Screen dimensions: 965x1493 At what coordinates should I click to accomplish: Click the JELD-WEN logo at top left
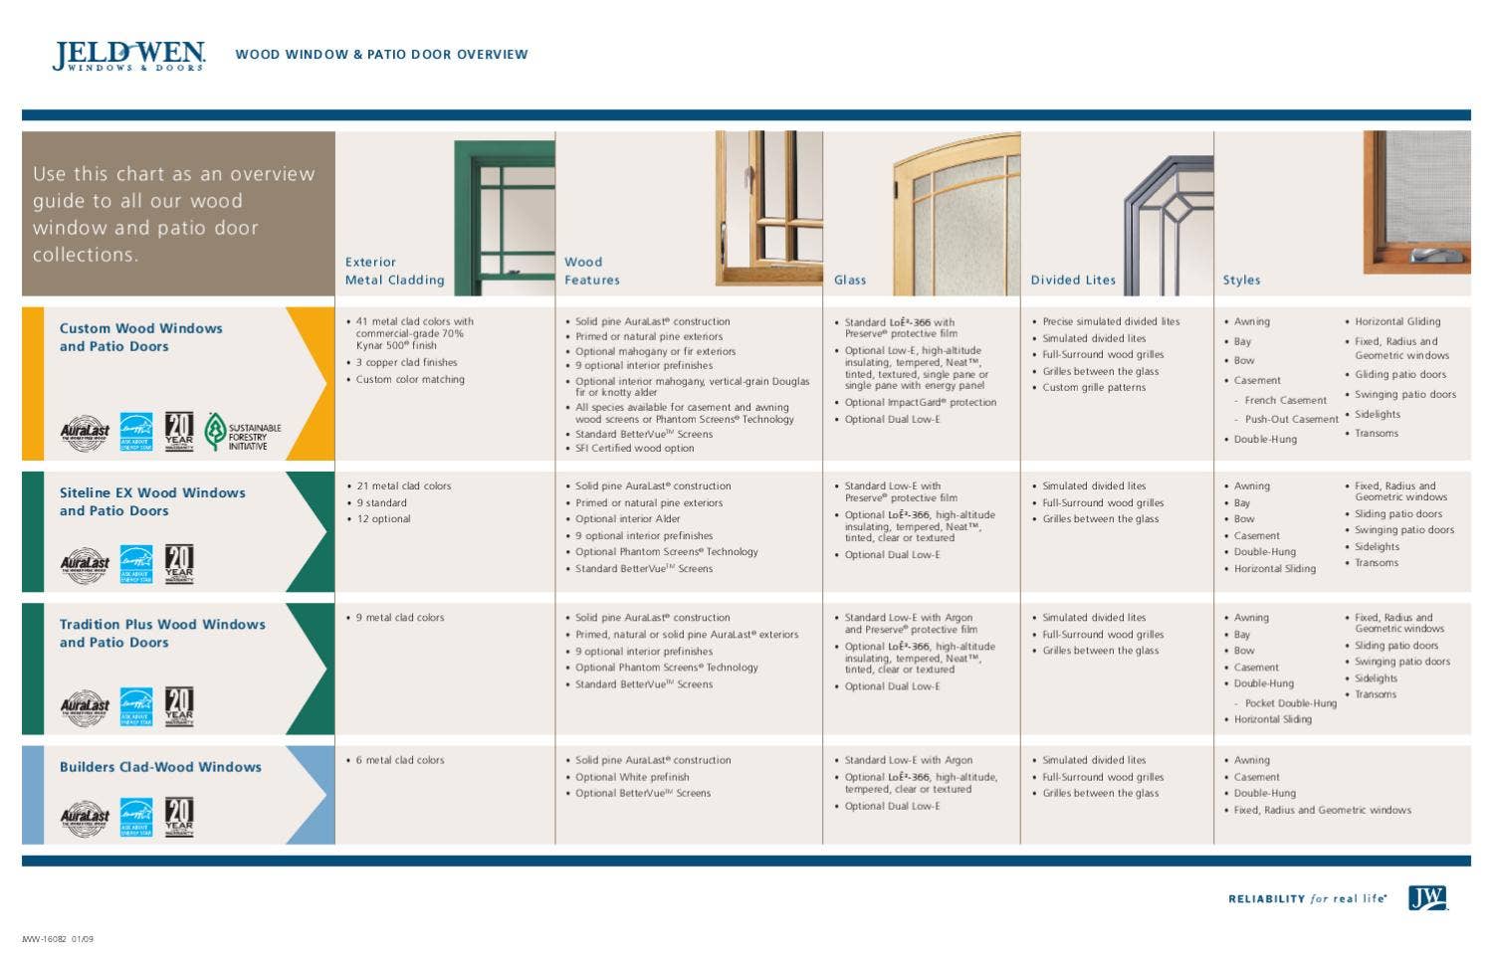click(x=128, y=56)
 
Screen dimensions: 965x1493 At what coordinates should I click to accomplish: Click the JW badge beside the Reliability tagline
click(x=1427, y=898)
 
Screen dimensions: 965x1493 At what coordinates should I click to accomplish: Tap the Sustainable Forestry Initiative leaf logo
click(x=215, y=432)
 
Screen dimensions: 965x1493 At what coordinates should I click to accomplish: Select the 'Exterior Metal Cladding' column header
click(x=394, y=272)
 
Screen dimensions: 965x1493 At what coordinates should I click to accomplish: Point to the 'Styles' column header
click(x=1241, y=281)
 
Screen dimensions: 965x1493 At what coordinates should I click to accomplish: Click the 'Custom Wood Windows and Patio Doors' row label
click(x=140, y=337)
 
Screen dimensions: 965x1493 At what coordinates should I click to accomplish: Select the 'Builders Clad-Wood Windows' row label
click(x=160, y=767)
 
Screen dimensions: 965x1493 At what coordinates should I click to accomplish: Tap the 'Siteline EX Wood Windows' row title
click(x=151, y=492)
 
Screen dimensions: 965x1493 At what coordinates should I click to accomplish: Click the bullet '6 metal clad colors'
click(x=400, y=760)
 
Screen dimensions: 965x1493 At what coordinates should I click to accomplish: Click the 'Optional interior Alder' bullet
click(x=627, y=519)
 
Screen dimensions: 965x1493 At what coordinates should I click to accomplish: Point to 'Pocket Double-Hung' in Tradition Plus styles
click(x=1291, y=703)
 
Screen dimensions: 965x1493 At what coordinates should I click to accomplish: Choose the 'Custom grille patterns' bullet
click(x=1094, y=388)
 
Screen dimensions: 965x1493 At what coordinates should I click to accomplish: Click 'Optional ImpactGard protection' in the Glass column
click(x=920, y=403)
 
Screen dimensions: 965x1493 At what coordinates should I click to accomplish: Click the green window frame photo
click(x=504, y=218)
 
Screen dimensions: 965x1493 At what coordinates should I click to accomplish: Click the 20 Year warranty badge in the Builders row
click(x=179, y=817)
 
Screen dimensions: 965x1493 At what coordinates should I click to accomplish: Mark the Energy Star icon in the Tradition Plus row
click(x=136, y=706)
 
